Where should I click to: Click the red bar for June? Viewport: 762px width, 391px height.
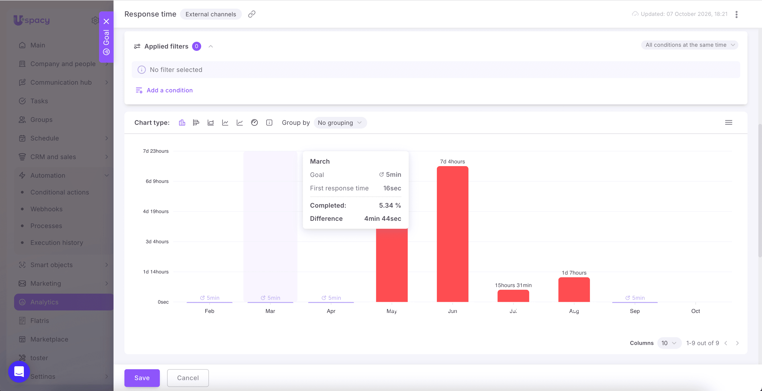click(x=452, y=234)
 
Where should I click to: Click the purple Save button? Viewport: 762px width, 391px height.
click(x=142, y=378)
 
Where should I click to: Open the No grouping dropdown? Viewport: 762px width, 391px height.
click(x=340, y=123)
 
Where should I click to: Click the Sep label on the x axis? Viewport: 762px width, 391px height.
click(x=635, y=311)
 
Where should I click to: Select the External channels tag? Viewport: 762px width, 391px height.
click(x=211, y=14)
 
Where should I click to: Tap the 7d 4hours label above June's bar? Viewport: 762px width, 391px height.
click(x=452, y=161)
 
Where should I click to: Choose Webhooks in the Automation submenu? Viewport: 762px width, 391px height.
click(x=47, y=209)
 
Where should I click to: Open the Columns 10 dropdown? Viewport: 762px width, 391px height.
click(x=669, y=343)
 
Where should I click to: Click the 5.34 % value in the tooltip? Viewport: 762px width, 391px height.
click(x=390, y=205)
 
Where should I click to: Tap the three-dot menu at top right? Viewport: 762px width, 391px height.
click(x=737, y=14)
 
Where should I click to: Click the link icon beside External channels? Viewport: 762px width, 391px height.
click(x=252, y=14)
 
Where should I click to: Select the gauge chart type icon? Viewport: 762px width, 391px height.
click(x=254, y=123)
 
